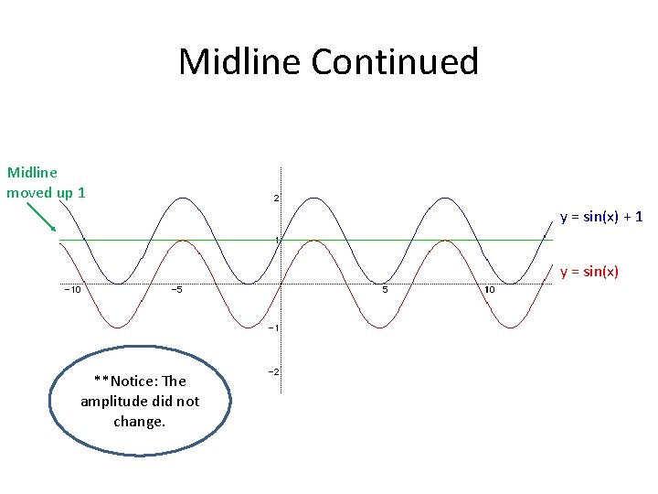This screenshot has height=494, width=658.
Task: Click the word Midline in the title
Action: [239, 62]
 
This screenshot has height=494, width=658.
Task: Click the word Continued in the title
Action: [395, 62]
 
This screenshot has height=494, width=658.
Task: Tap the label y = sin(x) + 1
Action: [601, 217]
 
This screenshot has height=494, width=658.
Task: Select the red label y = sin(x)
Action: [589, 271]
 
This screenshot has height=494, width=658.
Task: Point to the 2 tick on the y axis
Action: [276, 198]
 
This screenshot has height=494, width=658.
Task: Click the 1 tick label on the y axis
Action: [276, 240]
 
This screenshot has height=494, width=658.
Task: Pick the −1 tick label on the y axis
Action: [272, 328]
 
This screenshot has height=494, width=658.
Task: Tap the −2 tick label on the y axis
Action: [272, 371]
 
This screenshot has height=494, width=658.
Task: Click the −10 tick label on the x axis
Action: [71, 291]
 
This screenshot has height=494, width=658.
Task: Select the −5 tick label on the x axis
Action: [177, 291]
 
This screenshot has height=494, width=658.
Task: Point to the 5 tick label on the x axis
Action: [385, 291]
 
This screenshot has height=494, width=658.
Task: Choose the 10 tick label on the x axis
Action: [490, 291]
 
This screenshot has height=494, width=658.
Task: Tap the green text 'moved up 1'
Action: [46, 192]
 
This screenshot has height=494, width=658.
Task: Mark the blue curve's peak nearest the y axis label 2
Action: [314, 198]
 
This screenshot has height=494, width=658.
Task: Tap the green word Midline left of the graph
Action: [32, 172]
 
